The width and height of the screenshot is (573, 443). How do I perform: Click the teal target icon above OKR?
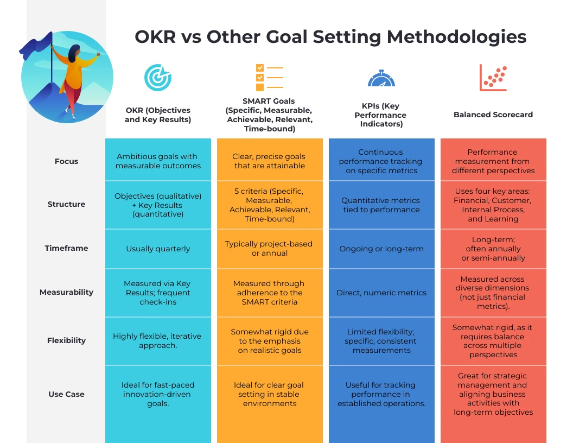pos(157,78)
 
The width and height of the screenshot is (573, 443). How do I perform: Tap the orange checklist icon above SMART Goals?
pos(269,78)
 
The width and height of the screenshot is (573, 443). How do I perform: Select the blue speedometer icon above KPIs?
pos(381,78)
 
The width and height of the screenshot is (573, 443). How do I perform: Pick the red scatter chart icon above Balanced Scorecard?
pos(493,78)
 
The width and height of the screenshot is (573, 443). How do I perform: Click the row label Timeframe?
pos(66,248)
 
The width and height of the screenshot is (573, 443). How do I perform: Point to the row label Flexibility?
pos(66,340)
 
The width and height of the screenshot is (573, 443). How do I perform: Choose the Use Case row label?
pos(66,394)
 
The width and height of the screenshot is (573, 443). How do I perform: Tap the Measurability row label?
pos(66,292)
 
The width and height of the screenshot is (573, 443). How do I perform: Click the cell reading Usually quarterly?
pos(158,249)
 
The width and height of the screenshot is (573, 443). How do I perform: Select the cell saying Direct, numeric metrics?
pos(381,293)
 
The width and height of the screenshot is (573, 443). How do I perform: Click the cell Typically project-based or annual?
pos(269,249)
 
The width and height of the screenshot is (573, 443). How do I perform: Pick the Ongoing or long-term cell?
pos(381,249)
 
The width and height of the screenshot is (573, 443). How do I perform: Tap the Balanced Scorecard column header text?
pos(493,115)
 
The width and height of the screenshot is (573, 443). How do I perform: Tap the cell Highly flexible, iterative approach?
pos(158,340)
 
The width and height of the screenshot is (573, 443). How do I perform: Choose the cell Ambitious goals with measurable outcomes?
pos(158,161)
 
